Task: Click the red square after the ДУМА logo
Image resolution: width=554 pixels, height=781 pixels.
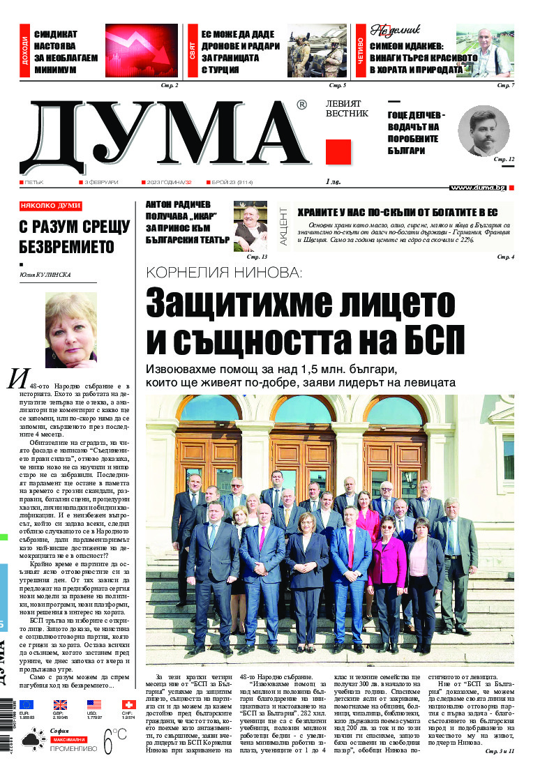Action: [x=338, y=151]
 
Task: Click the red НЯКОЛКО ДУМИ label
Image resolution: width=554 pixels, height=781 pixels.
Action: [x=50, y=206]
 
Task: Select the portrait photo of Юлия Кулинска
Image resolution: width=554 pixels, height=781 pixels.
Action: [x=70, y=331]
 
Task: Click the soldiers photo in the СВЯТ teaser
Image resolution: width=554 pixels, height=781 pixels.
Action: [x=317, y=50]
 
